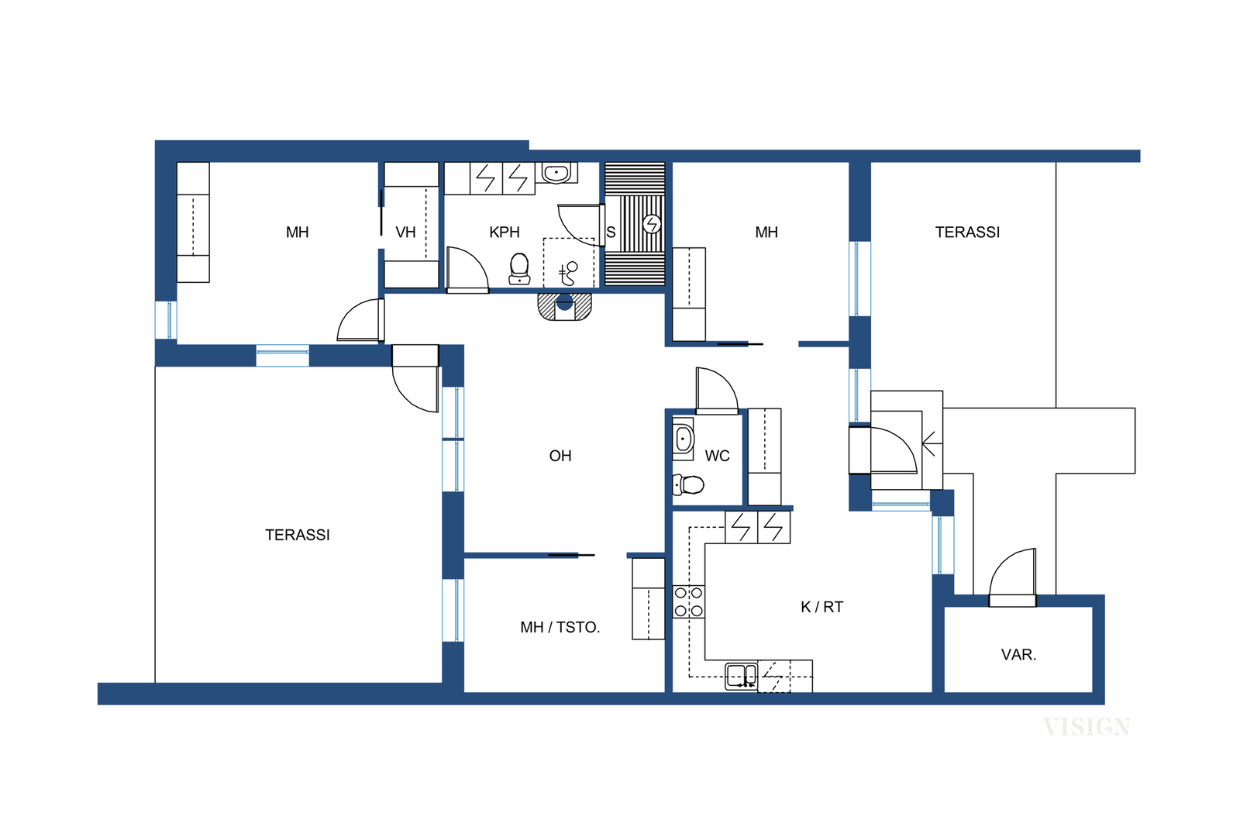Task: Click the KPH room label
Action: click(x=504, y=233)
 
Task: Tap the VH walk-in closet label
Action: click(x=405, y=233)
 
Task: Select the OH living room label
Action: click(x=560, y=456)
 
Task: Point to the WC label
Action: click(x=717, y=456)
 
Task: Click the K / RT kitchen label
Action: click(x=821, y=607)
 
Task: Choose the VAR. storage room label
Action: click(x=1018, y=655)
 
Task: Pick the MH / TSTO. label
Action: click(x=560, y=627)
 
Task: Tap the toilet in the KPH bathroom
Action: click(x=519, y=269)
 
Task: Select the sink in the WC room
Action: click(x=683, y=439)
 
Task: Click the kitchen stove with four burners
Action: click(x=689, y=601)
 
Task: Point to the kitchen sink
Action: click(x=741, y=677)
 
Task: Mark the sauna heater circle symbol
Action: click(x=652, y=224)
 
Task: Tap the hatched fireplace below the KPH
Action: click(x=565, y=307)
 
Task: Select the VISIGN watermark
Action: click(x=1087, y=727)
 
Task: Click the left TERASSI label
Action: click(x=298, y=535)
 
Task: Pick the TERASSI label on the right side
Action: click(x=967, y=233)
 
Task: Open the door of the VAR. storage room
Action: click(x=1012, y=577)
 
